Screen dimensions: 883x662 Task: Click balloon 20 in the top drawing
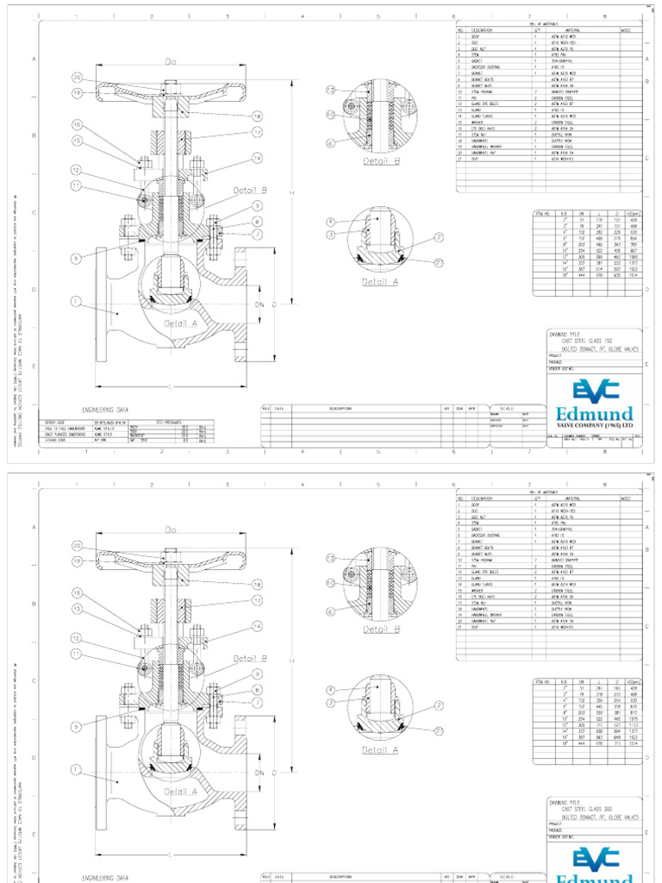point(77,78)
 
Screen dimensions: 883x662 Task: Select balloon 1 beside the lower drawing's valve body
point(76,770)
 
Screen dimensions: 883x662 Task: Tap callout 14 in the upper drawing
point(257,158)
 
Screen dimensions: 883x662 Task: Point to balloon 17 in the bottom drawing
point(257,599)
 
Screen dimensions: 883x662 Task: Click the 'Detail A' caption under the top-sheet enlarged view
point(380,281)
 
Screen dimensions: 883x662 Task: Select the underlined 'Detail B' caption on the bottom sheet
point(380,629)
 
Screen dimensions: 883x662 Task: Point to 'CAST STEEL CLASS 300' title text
point(596,807)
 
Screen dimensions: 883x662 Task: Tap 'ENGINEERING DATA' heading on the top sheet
point(106,411)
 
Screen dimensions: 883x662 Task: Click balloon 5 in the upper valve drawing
point(77,258)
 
